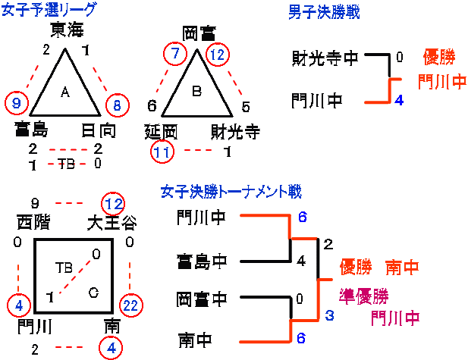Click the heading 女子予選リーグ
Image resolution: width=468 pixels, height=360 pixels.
49,10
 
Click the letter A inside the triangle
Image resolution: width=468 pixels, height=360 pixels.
64,92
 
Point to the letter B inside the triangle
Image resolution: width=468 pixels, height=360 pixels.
196,92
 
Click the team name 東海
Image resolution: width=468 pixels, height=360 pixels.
66,30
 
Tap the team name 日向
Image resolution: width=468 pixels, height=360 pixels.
99,131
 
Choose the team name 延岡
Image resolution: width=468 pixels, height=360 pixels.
161,132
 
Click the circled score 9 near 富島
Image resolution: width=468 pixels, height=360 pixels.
16,102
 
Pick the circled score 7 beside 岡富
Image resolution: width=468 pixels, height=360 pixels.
176,55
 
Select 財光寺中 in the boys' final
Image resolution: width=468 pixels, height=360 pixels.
325,58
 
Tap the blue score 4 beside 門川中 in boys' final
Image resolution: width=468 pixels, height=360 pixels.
399,99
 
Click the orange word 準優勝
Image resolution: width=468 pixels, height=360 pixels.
363,294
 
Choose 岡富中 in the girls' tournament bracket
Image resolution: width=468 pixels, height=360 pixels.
201,299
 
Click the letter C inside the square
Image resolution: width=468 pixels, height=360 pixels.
93,293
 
